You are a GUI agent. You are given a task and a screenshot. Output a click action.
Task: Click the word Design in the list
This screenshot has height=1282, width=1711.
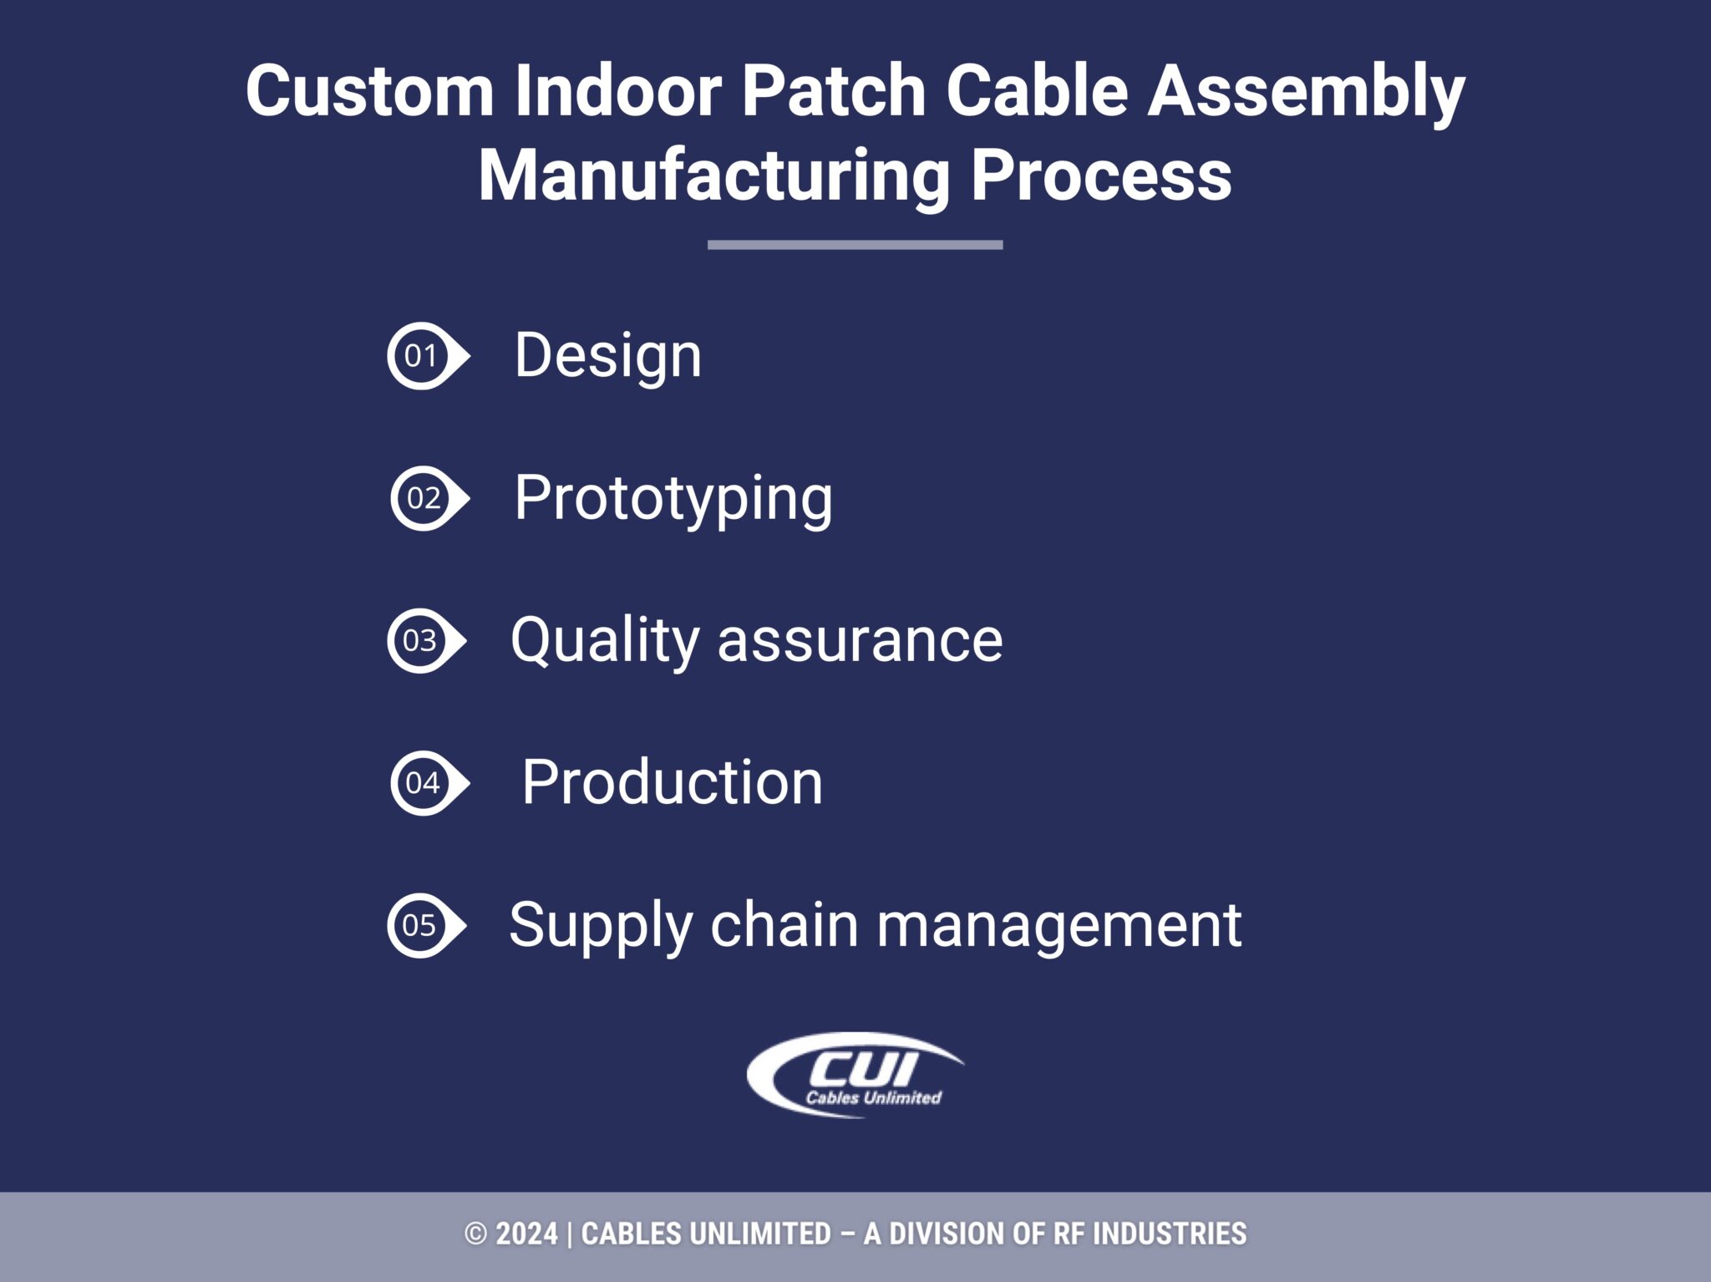607,356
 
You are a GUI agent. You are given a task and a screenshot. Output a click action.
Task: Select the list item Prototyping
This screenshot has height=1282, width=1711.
673,499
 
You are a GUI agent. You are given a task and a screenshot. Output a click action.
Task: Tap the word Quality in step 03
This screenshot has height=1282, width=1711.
604,641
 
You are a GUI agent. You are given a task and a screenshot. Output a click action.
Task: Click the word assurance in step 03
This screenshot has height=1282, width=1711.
860,641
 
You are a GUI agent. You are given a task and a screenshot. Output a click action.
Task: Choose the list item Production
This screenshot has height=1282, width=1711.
672,783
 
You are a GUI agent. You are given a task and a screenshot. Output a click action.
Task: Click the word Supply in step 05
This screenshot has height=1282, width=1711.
600,926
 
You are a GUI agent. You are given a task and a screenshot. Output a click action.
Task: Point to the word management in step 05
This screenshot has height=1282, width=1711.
1059,926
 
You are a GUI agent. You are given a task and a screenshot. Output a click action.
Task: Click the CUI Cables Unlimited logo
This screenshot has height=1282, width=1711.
855,1076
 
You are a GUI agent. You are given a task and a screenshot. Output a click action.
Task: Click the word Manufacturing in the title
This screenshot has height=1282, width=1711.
713,176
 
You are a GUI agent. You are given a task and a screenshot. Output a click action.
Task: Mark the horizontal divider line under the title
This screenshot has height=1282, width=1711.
855,245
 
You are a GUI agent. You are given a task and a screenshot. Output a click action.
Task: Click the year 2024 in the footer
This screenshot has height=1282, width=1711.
526,1234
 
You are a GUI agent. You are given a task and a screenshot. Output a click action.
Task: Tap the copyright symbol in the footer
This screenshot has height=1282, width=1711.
475,1234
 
